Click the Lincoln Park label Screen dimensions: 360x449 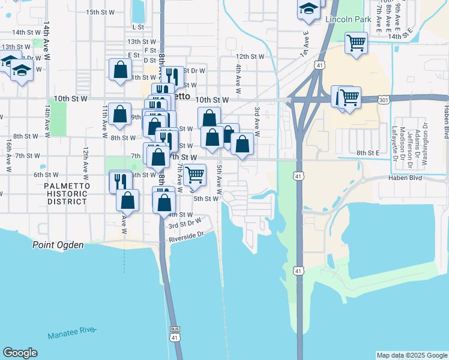[x=345, y=19]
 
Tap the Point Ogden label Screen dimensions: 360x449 [x=58, y=245]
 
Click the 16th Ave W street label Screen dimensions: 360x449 [x=9, y=157]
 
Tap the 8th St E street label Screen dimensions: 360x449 [x=368, y=153]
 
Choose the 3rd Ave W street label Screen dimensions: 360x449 [x=257, y=122]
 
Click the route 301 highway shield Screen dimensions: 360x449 [x=384, y=100]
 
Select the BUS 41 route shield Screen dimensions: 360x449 [x=175, y=333]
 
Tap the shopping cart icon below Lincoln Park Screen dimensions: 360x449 [x=357, y=43]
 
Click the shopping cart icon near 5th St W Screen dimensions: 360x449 [x=194, y=175]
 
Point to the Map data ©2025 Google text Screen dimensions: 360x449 [x=411, y=355]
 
